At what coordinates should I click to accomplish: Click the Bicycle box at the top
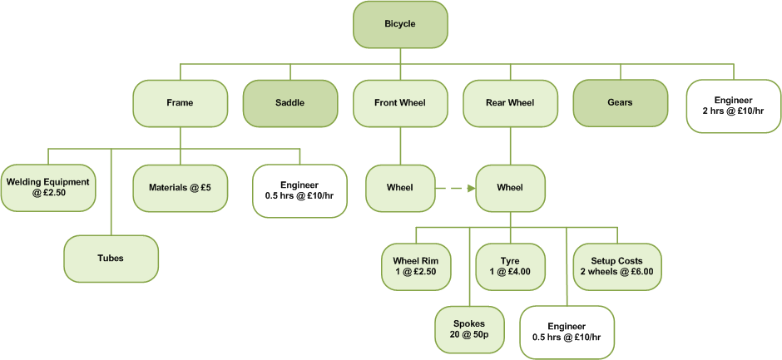click(400, 24)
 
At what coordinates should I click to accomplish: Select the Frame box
click(180, 103)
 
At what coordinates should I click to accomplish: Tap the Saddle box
click(290, 103)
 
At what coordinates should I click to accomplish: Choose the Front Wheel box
click(400, 103)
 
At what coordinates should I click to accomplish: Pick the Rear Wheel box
click(510, 103)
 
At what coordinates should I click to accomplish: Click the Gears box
click(620, 103)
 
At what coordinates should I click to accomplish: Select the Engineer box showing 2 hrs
click(733, 106)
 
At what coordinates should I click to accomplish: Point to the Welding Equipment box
click(47, 187)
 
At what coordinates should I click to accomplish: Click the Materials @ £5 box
click(181, 187)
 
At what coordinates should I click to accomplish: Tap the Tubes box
click(111, 258)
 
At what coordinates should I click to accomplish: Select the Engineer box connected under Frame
click(299, 190)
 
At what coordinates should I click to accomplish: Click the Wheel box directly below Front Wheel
click(400, 187)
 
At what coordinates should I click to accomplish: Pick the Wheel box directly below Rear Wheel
click(510, 187)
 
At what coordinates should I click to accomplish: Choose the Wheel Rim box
click(416, 265)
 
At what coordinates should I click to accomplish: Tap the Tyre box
click(510, 265)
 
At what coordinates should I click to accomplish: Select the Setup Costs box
click(616, 265)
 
